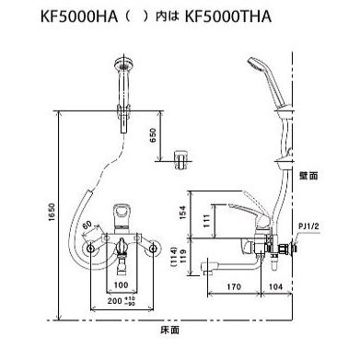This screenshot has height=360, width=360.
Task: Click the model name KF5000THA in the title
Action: tap(228, 17)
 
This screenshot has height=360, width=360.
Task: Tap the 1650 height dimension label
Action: tap(52, 212)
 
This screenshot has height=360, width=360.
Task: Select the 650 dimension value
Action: tap(153, 135)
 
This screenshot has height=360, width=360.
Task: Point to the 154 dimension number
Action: tap(182, 213)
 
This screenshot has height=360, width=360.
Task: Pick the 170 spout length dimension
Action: tap(234, 287)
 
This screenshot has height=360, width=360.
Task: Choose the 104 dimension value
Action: tap(275, 287)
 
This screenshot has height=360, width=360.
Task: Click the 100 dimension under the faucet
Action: tap(121, 285)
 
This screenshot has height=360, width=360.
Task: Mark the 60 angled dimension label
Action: tap(87, 225)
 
